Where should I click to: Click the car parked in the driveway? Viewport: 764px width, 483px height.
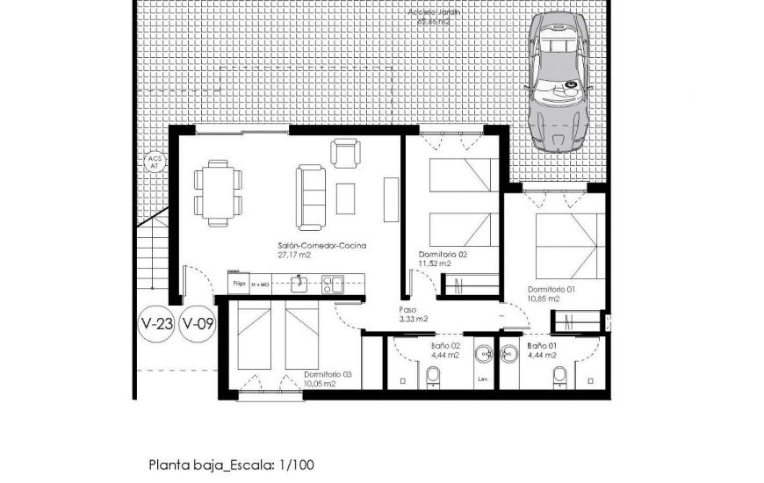tap(559, 83)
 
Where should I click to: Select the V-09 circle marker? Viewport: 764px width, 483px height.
tap(198, 324)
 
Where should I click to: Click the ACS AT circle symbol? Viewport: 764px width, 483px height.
tap(155, 162)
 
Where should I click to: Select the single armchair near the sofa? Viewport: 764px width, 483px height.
tap(345, 153)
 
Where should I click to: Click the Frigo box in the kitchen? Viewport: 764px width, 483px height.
tap(238, 285)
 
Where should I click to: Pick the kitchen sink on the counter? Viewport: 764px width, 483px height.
tap(299, 283)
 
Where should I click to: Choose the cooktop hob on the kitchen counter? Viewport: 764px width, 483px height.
tap(332, 284)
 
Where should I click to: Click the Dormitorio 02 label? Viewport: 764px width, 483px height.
tap(443, 254)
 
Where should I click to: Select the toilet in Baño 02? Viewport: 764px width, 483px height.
tap(431, 376)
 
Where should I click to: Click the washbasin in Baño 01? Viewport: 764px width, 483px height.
tap(508, 355)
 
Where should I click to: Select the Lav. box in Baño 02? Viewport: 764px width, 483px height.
tap(483, 379)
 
